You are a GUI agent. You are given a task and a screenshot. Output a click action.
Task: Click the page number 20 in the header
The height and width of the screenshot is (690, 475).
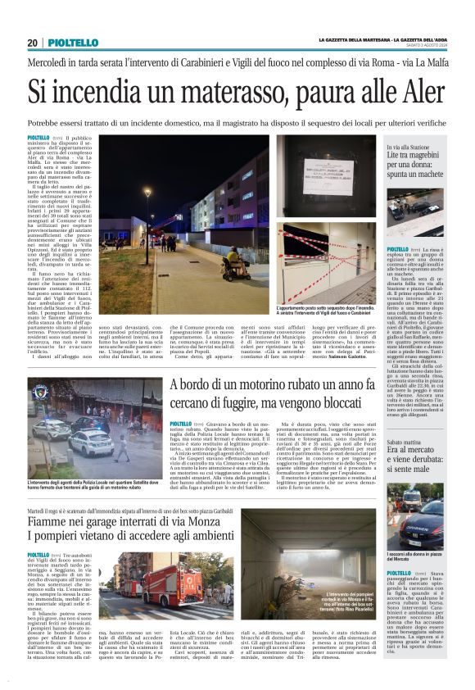tap(32, 43)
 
